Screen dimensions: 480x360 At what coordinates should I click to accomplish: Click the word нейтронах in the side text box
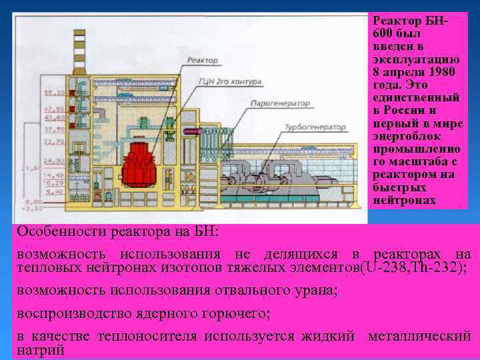[x=405, y=200]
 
